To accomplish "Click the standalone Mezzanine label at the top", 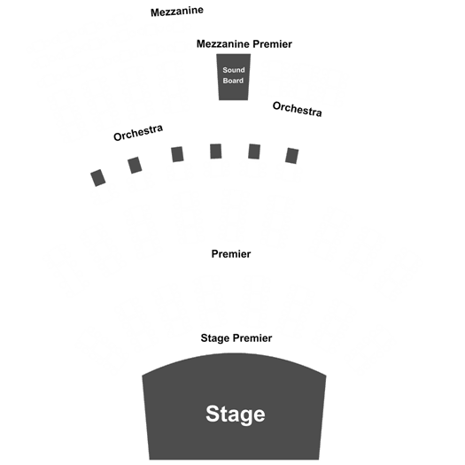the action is [x=177, y=12].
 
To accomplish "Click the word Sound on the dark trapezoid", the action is [x=234, y=70].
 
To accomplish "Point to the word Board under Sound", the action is [x=233, y=81].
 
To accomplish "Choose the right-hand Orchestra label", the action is [x=297, y=109].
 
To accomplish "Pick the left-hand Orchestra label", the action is [x=138, y=132].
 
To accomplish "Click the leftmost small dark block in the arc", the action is [x=97, y=178].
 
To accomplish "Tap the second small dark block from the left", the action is [x=135, y=165].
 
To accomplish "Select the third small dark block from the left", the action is [x=177, y=154].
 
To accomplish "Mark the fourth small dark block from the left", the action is [x=216, y=151].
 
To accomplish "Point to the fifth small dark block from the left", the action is [x=254, y=151].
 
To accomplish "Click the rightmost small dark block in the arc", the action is [x=291, y=156].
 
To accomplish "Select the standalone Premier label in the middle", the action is [x=231, y=254].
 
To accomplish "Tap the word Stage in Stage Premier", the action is [x=215, y=338].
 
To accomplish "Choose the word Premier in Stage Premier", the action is [x=252, y=338].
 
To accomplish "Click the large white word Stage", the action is [x=236, y=415].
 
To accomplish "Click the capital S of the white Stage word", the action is [x=213, y=414].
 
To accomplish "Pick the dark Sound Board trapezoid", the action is [x=234, y=77].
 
